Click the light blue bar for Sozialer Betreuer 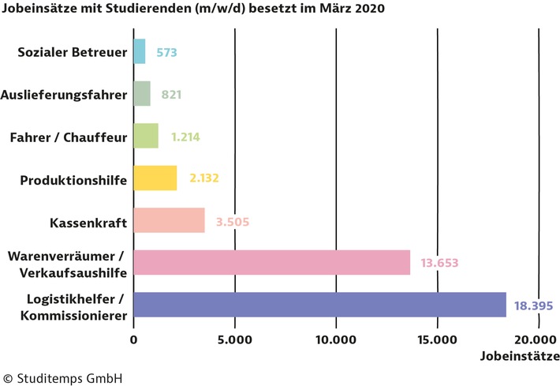point(140,52)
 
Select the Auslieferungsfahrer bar point(142,94)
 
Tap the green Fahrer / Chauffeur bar point(146,136)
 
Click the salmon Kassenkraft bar point(169,220)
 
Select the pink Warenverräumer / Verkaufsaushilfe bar point(272,262)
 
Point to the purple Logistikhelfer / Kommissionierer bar point(319,304)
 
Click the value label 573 point(166,53)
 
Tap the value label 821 point(171,95)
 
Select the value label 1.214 point(185,137)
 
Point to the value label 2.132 point(203,178)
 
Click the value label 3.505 point(233,221)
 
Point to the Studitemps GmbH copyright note point(63,377)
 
